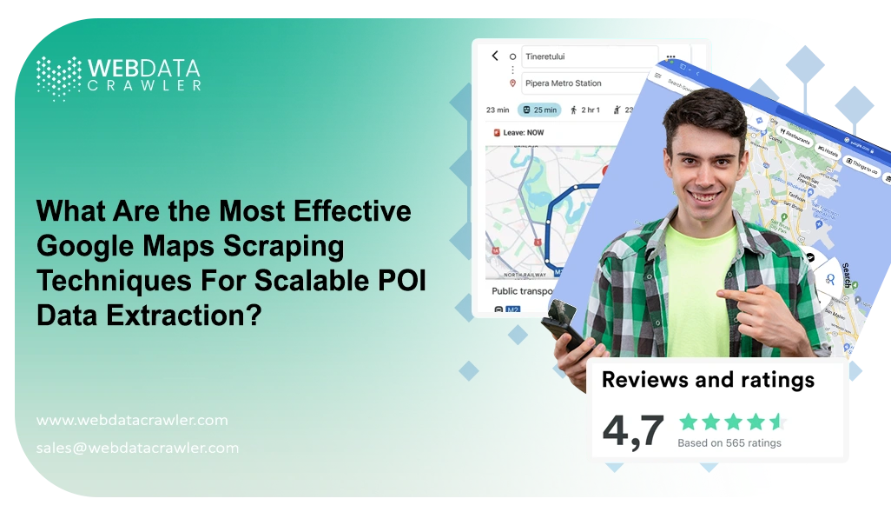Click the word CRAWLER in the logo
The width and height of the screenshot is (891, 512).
point(143,85)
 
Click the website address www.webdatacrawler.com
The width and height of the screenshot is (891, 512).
point(132,420)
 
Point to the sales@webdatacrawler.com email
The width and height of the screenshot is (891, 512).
point(137,448)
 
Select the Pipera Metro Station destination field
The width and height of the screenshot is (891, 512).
point(588,83)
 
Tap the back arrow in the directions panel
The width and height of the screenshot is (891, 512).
point(495,56)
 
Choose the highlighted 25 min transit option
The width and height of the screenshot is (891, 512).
point(538,110)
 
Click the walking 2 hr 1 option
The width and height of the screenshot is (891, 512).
point(584,110)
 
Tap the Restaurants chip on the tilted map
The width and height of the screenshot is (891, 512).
point(795,136)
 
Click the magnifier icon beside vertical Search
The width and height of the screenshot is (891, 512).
point(830,279)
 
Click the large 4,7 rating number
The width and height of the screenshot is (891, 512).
point(633,430)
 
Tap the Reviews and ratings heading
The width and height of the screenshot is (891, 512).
point(708,379)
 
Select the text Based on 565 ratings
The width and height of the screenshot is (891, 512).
point(729,442)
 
